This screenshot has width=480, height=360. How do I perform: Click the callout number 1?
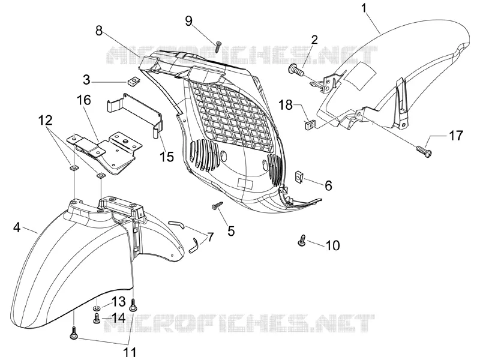click(x=364, y=8)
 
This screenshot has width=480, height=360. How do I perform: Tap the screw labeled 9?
click(x=218, y=46)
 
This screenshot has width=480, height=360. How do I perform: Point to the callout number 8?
click(x=99, y=31)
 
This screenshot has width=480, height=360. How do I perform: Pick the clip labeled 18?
click(x=310, y=124)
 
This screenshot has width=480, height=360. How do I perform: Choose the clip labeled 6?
click(x=298, y=177)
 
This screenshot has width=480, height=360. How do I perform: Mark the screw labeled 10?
click(x=302, y=240)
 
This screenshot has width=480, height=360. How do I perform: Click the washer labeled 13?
click(x=97, y=308)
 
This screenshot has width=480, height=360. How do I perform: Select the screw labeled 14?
click(x=97, y=317)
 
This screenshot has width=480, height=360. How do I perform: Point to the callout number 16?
click(x=84, y=100)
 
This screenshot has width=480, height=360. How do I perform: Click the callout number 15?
click(x=167, y=157)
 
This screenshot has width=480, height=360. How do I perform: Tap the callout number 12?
click(x=45, y=121)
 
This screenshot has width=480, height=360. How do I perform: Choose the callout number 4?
click(x=17, y=227)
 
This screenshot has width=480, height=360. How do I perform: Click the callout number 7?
click(x=210, y=238)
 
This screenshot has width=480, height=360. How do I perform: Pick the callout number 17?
click(x=456, y=136)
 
